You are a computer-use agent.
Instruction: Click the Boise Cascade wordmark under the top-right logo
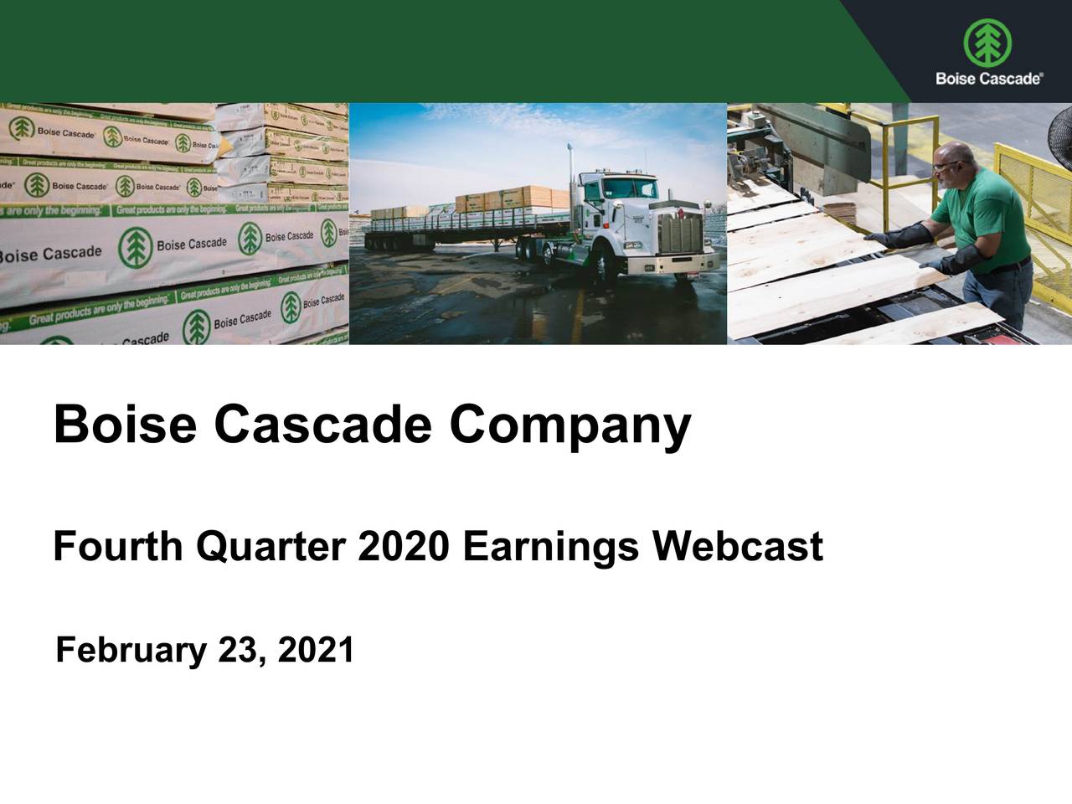tap(988, 78)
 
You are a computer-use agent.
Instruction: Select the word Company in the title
tap(569, 425)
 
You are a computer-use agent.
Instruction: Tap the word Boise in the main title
tap(125, 425)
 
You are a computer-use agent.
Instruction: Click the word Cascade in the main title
tap(322, 425)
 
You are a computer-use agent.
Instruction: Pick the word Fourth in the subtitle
tap(117, 547)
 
